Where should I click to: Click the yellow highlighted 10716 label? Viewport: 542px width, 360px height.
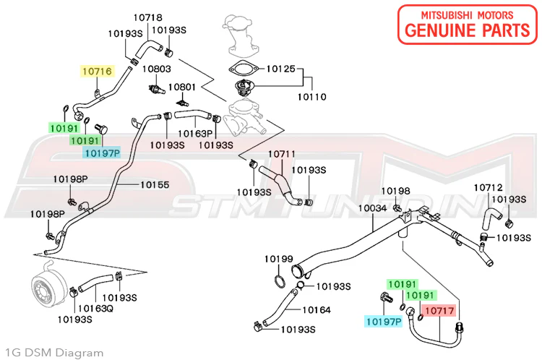[x=98, y=72]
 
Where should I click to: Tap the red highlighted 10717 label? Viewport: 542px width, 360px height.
[x=439, y=310]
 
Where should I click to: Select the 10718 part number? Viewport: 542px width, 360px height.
[x=148, y=17]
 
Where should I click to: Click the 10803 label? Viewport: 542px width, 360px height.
[x=157, y=69]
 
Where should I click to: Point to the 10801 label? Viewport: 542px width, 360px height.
[x=182, y=87]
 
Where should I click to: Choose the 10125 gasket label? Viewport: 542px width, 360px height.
[x=280, y=69]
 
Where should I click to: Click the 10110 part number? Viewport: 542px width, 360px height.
[x=311, y=96]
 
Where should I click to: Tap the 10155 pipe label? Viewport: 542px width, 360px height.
[x=155, y=184]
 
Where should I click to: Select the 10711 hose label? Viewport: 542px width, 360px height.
[x=282, y=153]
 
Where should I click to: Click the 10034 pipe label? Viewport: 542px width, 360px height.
[x=373, y=208]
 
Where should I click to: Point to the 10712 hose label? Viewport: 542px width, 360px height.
[x=488, y=187]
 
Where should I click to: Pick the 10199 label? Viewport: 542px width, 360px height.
[x=279, y=259]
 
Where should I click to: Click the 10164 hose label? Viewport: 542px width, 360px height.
[x=317, y=310]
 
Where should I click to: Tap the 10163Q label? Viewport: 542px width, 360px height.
[x=95, y=308]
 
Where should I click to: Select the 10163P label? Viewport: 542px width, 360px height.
[x=195, y=133]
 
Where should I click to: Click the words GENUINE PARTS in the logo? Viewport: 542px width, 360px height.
[x=468, y=30]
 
